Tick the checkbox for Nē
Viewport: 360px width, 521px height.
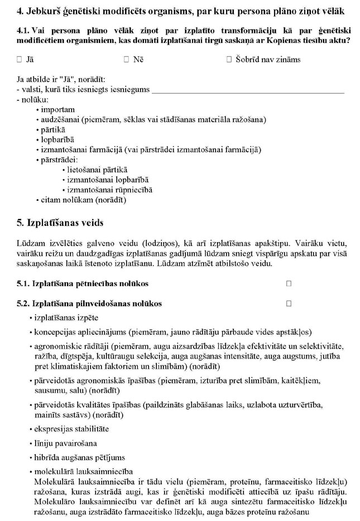coord(126,59)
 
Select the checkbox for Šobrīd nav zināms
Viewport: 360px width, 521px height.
coord(229,59)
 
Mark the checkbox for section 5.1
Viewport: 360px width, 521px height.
coord(289,283)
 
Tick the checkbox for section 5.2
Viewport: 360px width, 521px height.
coord(289,303)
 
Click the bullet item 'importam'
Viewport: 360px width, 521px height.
coord(57,109)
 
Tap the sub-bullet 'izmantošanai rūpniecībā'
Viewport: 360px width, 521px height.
coord(109,190)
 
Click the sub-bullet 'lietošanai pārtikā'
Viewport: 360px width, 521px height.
coord(97,170)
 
